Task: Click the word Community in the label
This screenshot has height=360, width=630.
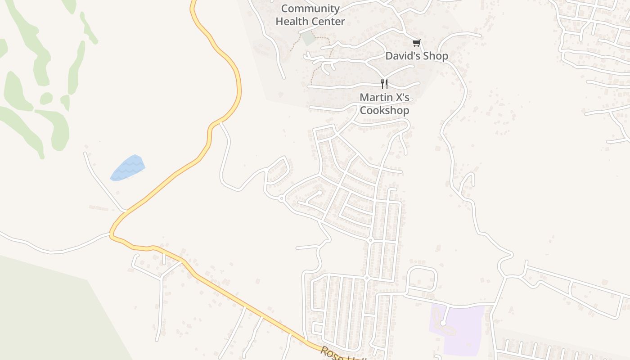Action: (310, 9)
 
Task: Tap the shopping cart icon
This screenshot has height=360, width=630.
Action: (416, 43)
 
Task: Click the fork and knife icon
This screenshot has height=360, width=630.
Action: (384, 84)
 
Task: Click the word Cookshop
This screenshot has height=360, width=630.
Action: (384, 110)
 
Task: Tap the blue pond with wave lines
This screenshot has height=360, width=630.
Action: (128, 168)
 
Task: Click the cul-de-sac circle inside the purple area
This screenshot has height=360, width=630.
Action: (443, 323)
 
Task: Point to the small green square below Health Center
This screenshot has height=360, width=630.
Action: (309, 38)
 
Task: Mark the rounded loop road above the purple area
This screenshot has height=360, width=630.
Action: (422, 279)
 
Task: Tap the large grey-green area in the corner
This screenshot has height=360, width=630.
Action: (45, 310)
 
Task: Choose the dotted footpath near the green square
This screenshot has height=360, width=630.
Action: (295, 43)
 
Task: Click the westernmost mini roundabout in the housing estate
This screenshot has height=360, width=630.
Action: (281, 198)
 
